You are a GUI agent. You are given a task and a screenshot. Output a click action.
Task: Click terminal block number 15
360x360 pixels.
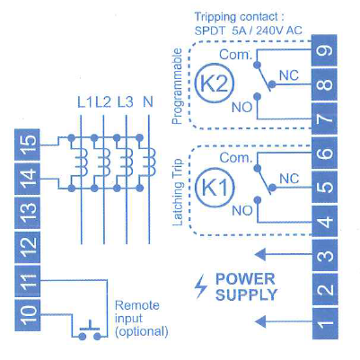click(x=27, y=145)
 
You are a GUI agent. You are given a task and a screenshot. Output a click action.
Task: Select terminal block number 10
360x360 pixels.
click(x=27, y=315)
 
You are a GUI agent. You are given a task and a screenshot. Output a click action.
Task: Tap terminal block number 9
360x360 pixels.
click(x=325, y=51)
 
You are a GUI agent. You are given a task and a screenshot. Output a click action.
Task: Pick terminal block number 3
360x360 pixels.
click(x=325, y=256)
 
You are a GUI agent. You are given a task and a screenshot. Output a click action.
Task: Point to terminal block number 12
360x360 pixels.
click(x=27, y=247)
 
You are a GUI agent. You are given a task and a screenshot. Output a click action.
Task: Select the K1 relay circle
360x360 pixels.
click(x=215, y=188)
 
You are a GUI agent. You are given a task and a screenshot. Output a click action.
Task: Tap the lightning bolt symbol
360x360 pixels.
click(x=201, y=287)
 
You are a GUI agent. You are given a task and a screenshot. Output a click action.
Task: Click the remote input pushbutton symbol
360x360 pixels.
click(x=90, y=331)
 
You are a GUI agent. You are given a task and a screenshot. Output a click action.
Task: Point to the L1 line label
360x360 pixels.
click(x=85, y=102)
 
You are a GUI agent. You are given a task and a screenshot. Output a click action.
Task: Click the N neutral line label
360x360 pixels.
click(x=148, y=102)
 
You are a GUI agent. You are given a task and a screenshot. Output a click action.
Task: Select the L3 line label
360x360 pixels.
click(x=125, y=102)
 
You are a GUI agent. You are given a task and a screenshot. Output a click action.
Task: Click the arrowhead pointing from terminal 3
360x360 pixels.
click(x=260, y=255)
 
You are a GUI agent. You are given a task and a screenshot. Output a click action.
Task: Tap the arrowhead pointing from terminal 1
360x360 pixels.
click(x=260, y=321)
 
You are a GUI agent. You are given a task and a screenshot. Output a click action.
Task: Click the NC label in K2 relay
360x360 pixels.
click(x=289, y=75)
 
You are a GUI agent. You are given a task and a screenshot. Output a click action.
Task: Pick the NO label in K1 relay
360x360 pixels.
click(x=242, y=211)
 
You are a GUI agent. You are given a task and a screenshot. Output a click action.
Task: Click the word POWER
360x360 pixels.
click(x=245, y=279)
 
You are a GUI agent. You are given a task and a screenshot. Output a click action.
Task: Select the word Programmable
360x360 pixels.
click(x=177, y=86)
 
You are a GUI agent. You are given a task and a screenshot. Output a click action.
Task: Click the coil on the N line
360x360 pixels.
click(x=151, y=162)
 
